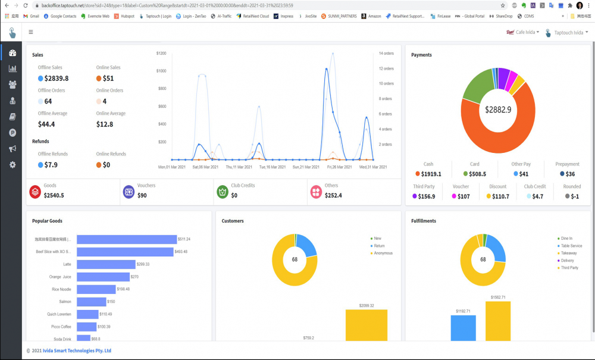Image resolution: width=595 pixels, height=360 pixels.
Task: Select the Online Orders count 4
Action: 104,101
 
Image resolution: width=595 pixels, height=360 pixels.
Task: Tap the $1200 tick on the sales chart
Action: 161,54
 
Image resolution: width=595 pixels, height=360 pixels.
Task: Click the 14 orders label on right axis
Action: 386,54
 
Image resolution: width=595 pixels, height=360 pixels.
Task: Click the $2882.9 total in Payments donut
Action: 497,109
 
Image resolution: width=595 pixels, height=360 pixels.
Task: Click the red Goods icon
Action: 35,192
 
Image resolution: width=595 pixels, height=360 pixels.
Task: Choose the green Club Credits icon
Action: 222,192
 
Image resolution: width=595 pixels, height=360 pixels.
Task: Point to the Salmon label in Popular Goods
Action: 65,302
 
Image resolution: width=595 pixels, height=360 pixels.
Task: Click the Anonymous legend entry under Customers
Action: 383,253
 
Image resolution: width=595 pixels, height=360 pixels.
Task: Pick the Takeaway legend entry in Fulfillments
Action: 568,253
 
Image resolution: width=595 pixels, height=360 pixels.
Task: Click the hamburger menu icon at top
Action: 31,32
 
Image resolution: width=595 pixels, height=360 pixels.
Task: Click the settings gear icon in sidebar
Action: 12,165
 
